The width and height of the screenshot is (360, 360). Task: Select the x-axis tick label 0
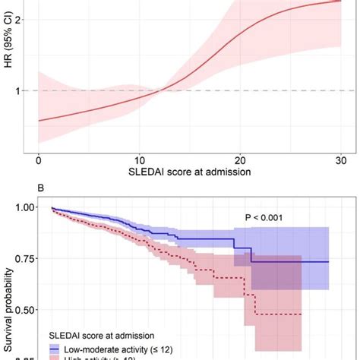tap(39, 160)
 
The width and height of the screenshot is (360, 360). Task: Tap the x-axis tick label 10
tap(140, 160)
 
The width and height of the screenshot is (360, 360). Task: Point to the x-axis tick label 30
tap(342, 160)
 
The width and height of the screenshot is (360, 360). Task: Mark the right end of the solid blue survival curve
tap(329, 261)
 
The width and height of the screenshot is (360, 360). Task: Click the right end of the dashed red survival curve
tap(302, 314)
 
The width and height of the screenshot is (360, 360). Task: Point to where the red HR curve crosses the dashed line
tap(159, 90)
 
